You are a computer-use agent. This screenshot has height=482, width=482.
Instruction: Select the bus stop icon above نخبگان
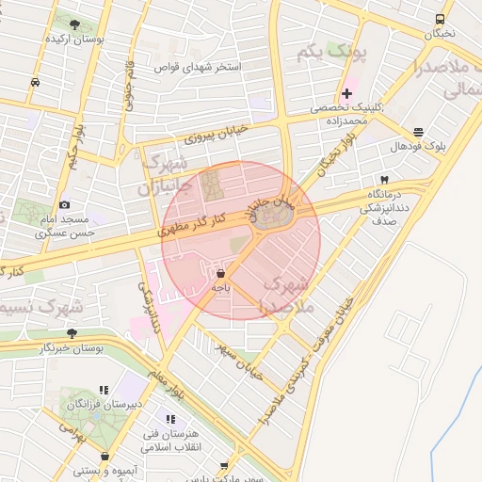pos(440,20)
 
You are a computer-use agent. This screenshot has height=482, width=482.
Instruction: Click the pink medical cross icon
pos(346,93)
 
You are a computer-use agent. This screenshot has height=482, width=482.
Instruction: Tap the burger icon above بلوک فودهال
pos(418,132)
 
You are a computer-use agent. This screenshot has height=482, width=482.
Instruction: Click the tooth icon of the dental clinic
pos(384,179)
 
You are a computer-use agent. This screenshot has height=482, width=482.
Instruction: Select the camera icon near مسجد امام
pos(64,204)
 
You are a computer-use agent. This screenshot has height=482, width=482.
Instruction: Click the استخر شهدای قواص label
pos(202,68)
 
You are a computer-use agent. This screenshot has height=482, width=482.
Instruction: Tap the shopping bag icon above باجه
pos(220,273)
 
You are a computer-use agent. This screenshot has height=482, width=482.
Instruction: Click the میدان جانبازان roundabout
pos(273,218)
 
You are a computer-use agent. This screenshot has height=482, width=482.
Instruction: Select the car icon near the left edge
pos(36,82)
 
